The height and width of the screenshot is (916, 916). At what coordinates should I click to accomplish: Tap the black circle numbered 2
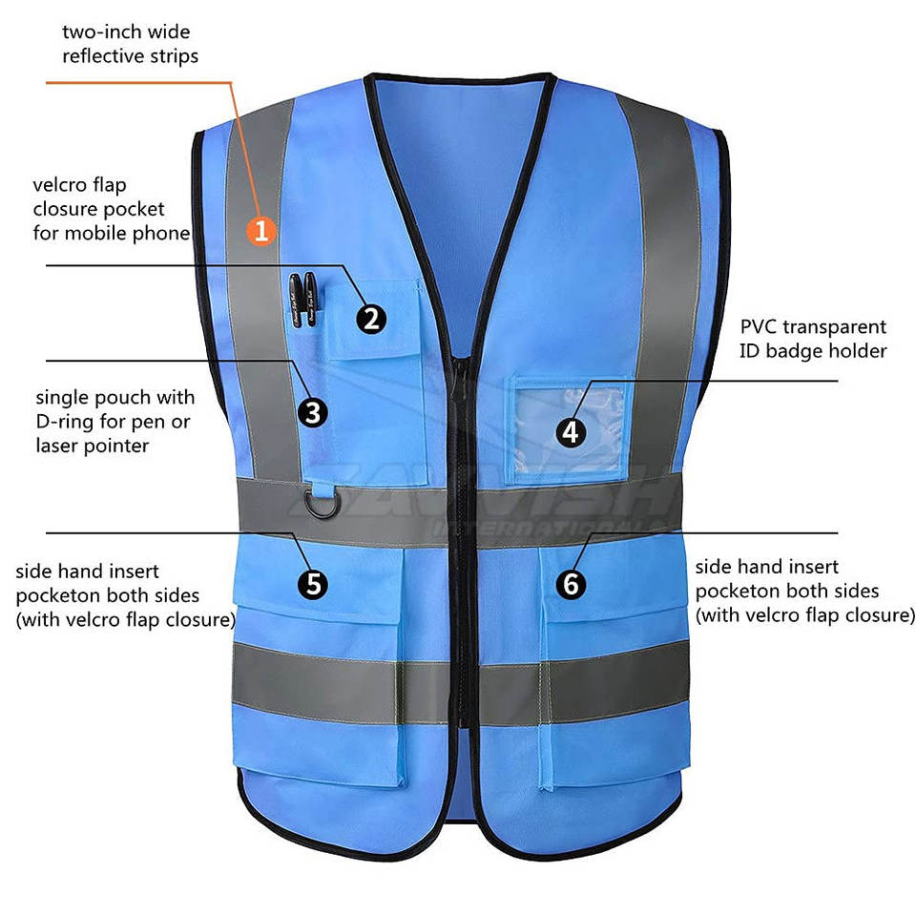(x=371, y=318)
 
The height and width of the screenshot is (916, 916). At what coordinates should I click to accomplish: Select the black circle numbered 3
(x=312, y=412)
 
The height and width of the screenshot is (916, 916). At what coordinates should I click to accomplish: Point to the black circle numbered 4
(x=571, y=432)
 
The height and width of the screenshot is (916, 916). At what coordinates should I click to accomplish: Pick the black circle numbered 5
(x=312, y=583)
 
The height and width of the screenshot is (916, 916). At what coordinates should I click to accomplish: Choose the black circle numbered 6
(x=571, y=583)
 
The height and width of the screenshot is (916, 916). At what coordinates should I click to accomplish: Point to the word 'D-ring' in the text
(x=70, y=421)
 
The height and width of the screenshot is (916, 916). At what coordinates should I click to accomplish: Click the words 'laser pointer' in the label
(x=93, y=446)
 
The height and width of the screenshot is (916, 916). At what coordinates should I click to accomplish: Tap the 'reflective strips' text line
(x=131, y=55)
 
